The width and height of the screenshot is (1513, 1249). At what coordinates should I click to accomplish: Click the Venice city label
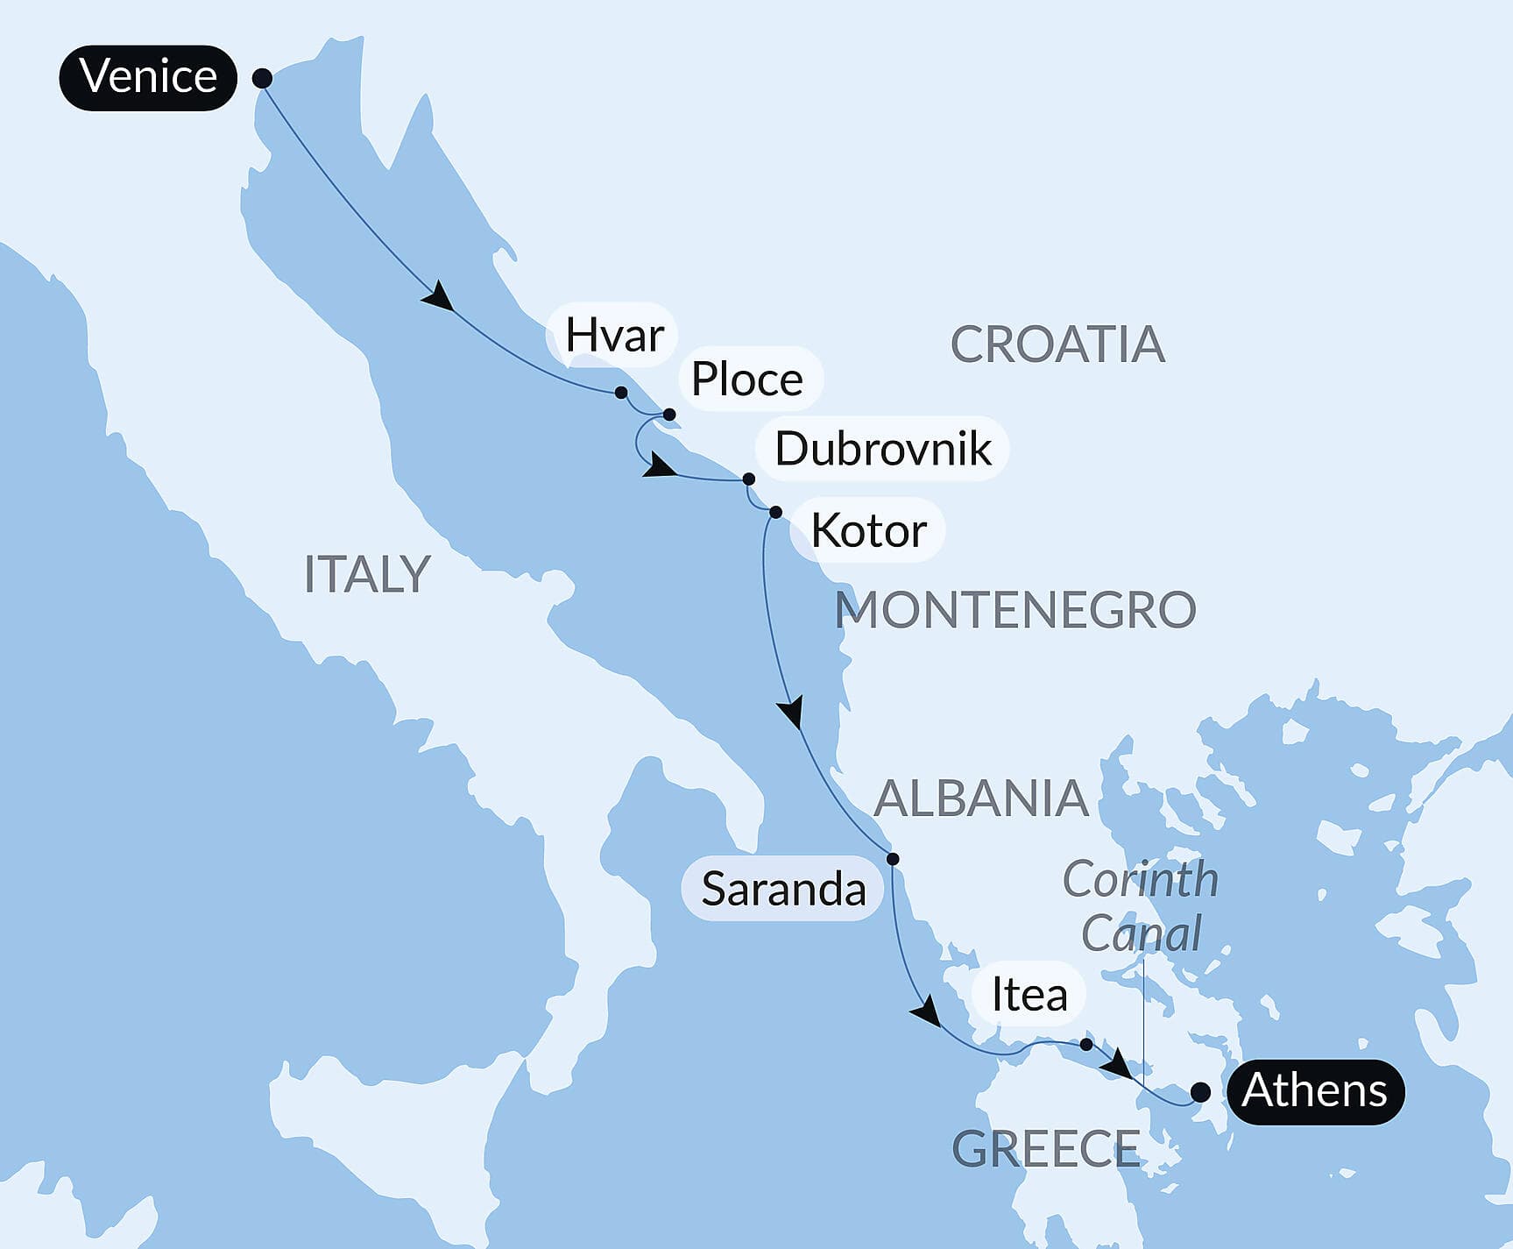click(x=148, y=77)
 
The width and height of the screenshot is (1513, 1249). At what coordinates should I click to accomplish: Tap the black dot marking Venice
click(x=262, y=78)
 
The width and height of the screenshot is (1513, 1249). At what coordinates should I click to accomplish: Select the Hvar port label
click(x=613, y=335)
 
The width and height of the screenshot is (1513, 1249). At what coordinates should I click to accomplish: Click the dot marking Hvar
click(x=621, y=392)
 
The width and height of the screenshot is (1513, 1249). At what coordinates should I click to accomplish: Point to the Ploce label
click(x=747, y=379)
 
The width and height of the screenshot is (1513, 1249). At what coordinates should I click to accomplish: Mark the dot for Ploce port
click(x=669, y=414)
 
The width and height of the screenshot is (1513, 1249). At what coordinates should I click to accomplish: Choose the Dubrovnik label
click(x=882, y=449)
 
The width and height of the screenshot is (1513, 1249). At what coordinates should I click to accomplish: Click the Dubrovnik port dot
click(x=748, y=479)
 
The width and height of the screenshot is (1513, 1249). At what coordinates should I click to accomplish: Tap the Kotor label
click(x=868, y=530)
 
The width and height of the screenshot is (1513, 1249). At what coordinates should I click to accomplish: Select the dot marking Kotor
click(x=775, y=512)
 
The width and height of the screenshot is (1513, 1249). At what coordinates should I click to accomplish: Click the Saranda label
click(x=782, y=889)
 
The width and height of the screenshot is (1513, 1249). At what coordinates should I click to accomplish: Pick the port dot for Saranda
click(x=892, y=858)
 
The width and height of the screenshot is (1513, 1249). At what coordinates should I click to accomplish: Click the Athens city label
click(x=1314, y=1091)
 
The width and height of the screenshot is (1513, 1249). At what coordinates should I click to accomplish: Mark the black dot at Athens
click(x=1200, y=1092)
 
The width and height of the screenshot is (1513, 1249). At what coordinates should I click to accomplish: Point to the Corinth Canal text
click(x=1141, y=906)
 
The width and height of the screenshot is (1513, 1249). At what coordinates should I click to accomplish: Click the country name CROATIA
click(x=1057, y=344)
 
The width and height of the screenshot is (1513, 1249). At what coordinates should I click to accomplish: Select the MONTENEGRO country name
click(x=1015, y=610)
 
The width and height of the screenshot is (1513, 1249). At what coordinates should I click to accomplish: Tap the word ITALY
click(x=367, y=574)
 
